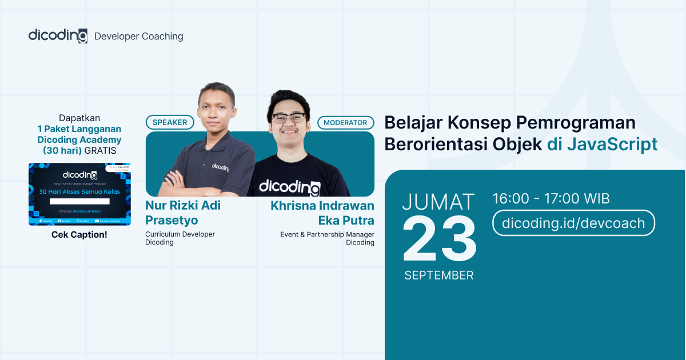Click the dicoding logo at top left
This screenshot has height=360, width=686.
[x=58, y=35]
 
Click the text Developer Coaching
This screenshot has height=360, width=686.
[x=138, y=37]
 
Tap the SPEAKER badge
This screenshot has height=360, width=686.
[x=170, y=122]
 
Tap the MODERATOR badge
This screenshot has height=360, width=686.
[x=345, y=122]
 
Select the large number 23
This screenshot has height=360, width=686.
[x=439, y=240]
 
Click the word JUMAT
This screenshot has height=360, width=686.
[x=438, y=202]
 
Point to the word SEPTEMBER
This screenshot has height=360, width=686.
[x=438, y=275]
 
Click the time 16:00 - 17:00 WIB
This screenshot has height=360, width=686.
[x=551, y=199]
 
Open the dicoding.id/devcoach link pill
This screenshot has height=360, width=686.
[x=573, y=223]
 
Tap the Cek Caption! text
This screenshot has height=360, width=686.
[x=79, y=235]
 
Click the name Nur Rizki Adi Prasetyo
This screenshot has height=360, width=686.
[x=183, y=213]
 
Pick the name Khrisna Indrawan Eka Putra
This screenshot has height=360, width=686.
[x=322, y=213]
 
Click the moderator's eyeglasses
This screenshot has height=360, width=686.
[x=288, y=118]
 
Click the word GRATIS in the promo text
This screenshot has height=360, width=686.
[x=100, y=151]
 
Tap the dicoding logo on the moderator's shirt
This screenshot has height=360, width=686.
[x=289, y=187]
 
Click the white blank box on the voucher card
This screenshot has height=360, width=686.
[x=79, y=201]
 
